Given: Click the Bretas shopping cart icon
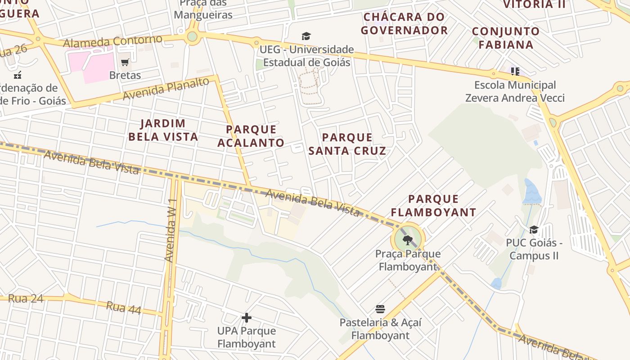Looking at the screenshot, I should pyautogui.click(x=125, y=63).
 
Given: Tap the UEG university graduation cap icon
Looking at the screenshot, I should pyautogui.click(x=306, y=36).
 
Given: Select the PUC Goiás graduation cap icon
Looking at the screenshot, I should pyautogui.click(x=534, y=230).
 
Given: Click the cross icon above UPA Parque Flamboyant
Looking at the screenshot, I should pyautogui.click(x=246, y=318).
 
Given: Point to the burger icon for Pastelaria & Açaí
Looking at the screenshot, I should pyautogui.click(x=380, y=309).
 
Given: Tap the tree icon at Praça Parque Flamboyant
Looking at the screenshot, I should pyautogui.click(x=408, y=240).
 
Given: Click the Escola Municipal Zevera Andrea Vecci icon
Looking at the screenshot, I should pyautogui.click(x=515, y=71).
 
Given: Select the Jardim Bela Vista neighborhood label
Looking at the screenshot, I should pyautogui.click(x=163, y=130).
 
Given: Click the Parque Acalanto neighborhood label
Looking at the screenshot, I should pyautogui.click(x=251, y=136).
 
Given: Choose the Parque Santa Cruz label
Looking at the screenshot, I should pyautogui.click(x=347, y=144).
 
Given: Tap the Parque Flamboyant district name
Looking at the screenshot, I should pyautogui.click(x=433, y=205).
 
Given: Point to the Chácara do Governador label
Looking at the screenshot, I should pyautogui.click(x=404, y=23).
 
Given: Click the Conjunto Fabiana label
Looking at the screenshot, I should pyautogui.click(x=506, y=38).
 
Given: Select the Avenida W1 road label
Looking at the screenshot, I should pyautogui.click(x=170, y=230).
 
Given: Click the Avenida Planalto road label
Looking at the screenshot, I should pyautogui.click(x=166, y=89).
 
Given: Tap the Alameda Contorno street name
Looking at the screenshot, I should pyautogui.click(x=112, y=41).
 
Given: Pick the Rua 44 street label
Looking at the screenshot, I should pyautogui.click(x=123, y=308).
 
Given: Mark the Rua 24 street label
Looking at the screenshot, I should pyautogui.click(x=26, y=298).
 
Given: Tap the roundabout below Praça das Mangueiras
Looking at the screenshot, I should pyautogui.click(x=192, y=36).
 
